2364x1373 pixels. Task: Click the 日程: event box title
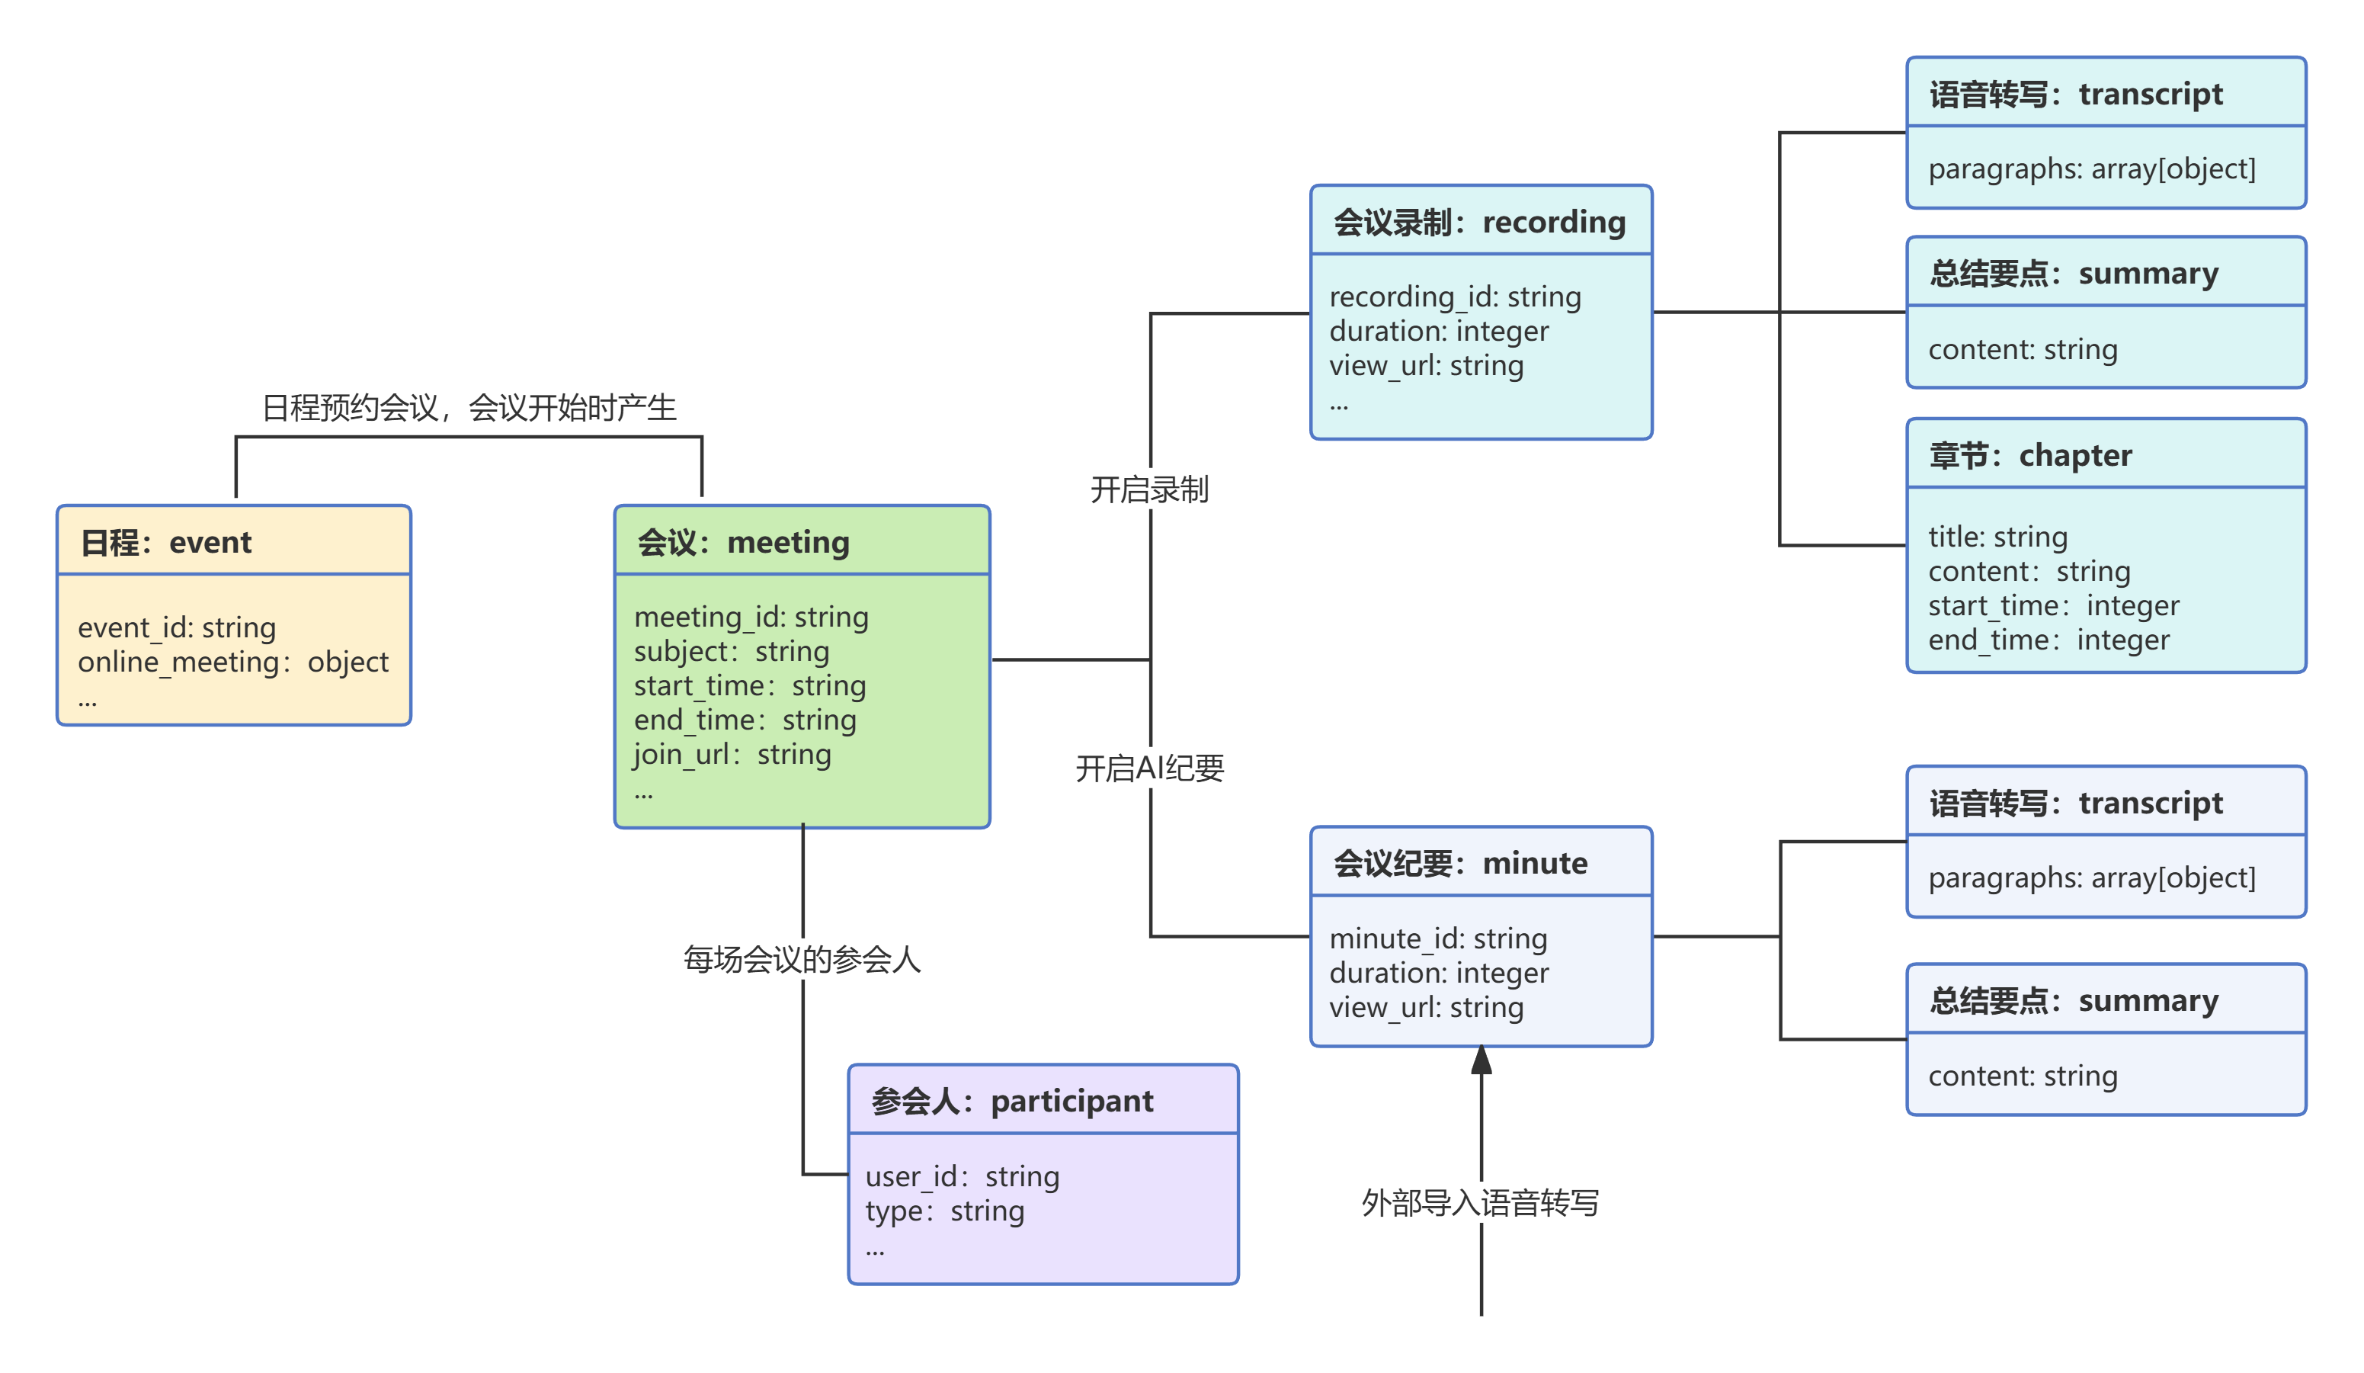pyautogui.click(x=166, y=543)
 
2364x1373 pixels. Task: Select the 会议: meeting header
pyautogui.click(x=743, y=543)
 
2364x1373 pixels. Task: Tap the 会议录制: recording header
pyautogui.click(x=1479, y=223)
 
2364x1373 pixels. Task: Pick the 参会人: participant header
pyautogui.click(x=1011, y=1101)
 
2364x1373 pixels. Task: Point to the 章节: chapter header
pyautogui.click(x=2030, y=455)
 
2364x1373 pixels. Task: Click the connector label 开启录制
pyautogui.click(x=1149, y=489)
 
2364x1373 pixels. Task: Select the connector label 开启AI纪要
pyautogui.click(x=1149, y=768)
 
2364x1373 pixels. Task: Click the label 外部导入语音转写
pyautogui.click(x=1480, y=1203)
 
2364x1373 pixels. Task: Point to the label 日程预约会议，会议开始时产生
pyautogui.click(x=468, y=408)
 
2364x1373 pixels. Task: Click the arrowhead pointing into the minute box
pyautogui.click(x=1482, y=1061)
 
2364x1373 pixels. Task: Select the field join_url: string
pyautogui.click(x=732, y=755)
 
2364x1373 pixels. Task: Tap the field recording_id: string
pyautogui.click(x=1455, y=297)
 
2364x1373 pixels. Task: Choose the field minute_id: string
pyautogui.click(x=1438, y=938)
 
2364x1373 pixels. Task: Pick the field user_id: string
pyautogui.click(x=962, y=1177)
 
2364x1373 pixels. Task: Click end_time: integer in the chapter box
pyautogui.click(x=2048, y=640)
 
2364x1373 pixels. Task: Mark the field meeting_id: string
pyautogui.click(x=751, y=618)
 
